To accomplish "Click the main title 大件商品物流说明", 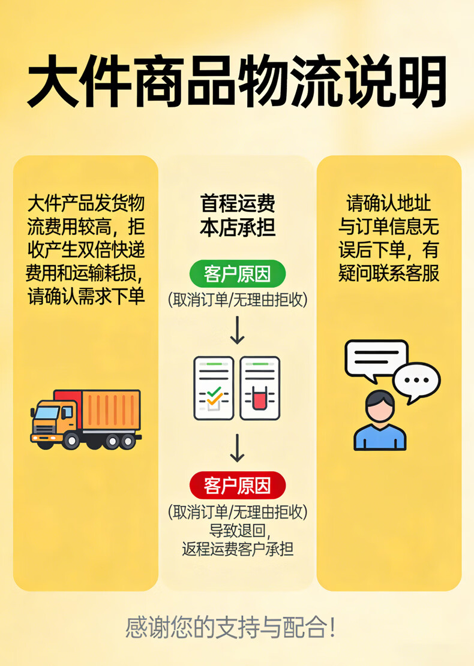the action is (x=237, y=82).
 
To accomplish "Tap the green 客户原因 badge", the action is (x=237, y=275).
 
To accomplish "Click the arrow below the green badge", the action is (x=238, y=330).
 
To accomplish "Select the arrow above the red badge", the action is (x=238, y=448).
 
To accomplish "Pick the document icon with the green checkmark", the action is (x=214, y=388).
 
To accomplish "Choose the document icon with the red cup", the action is (x=260, y=388).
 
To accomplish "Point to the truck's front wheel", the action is (x=71, y=441).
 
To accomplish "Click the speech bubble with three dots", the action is (x=416, y=381).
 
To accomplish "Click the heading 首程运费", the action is (x=238, y=204).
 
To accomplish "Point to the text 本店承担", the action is (x=238, y=228).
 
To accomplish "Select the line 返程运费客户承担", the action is (x=238, y=549).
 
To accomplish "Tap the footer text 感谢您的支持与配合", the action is (x=230, y=628).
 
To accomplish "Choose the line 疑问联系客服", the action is (x=389, y=273).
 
